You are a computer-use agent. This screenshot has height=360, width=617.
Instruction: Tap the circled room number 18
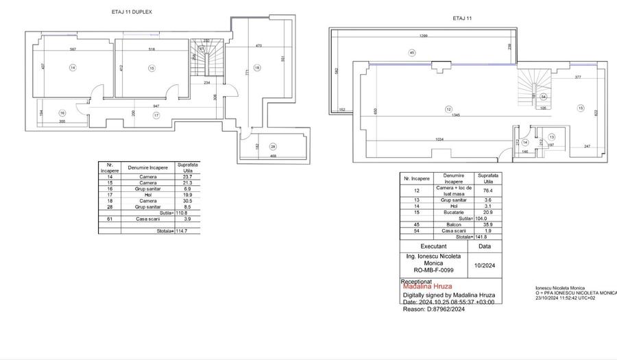point(257,67)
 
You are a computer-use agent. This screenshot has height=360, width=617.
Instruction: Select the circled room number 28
point(273,147)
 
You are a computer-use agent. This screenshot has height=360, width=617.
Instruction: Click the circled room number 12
point(448,109)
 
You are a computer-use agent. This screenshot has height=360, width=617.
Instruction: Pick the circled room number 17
point(156,116)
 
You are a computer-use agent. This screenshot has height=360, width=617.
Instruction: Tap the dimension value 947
point(157,106)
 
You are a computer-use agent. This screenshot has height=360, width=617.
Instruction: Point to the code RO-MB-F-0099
point(434,269)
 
